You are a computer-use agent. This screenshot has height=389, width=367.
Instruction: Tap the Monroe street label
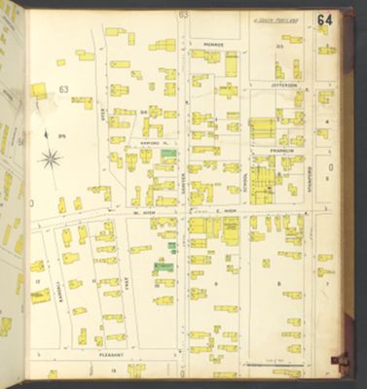213,45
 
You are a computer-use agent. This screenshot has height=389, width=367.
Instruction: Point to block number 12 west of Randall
36,281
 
